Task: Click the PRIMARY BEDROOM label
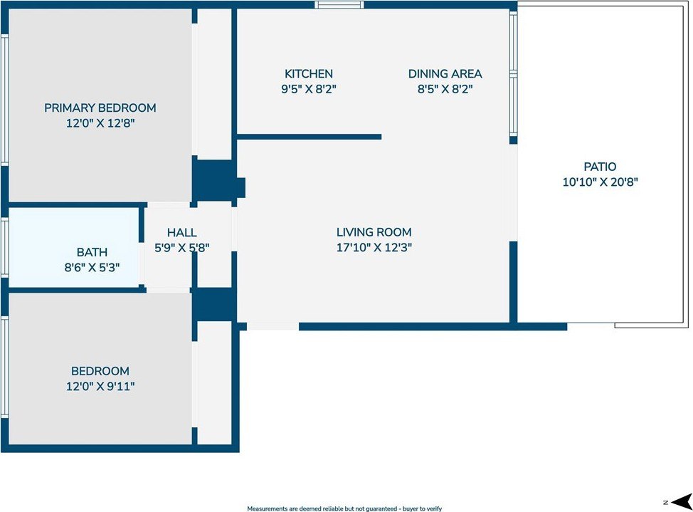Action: [100, 108]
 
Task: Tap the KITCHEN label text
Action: [309, 74]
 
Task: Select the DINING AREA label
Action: [445, 74]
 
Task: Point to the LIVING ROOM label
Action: [374, 232]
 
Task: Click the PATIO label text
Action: [600, 167]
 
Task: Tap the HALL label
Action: [181, 233]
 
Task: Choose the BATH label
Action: [92, 252]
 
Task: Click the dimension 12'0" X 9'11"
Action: [100, 387]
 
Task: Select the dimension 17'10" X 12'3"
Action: [374, 247]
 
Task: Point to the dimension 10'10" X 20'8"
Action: [601, 182]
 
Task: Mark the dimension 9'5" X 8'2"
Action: [309, 89]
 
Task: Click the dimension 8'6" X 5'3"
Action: [92, 267]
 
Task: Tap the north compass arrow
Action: [681, 501]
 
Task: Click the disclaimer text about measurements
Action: [344, 509]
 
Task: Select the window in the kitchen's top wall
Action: [339, 5]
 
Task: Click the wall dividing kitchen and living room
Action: [309, 137]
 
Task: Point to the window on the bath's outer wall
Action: [5, 247]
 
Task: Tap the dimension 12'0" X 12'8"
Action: [100, 123]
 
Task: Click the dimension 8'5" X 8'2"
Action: [445, 89]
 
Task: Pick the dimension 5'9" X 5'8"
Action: [181, 248]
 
